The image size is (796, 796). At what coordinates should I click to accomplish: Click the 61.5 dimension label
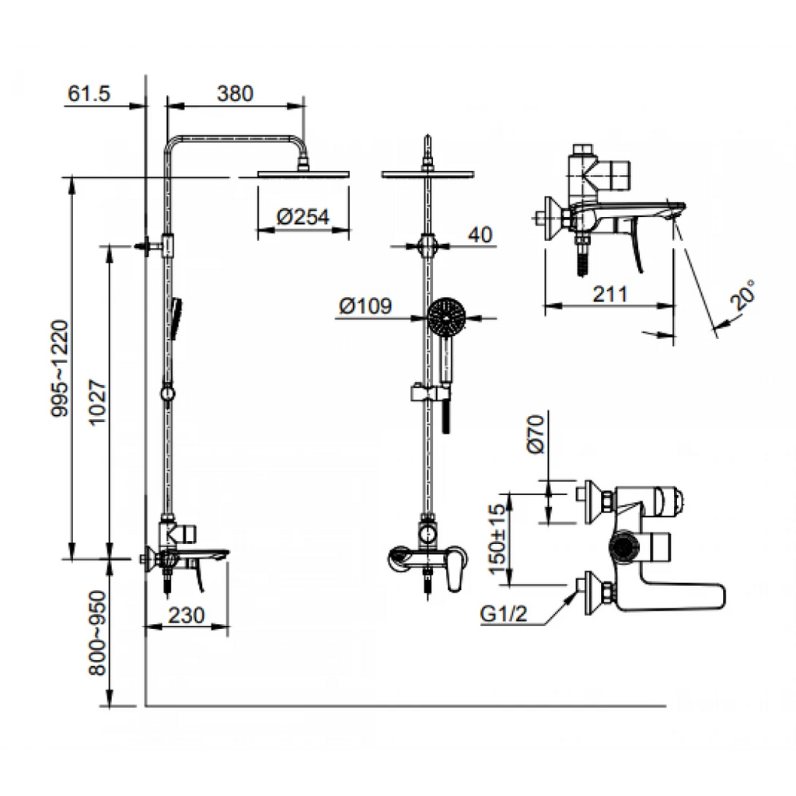(x=90, y=93)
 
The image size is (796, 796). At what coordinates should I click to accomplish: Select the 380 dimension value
(x=236, y=93)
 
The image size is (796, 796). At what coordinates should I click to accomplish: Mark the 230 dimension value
(x=187, y=615)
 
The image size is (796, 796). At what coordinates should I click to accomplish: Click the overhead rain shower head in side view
(x=302, y=173)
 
